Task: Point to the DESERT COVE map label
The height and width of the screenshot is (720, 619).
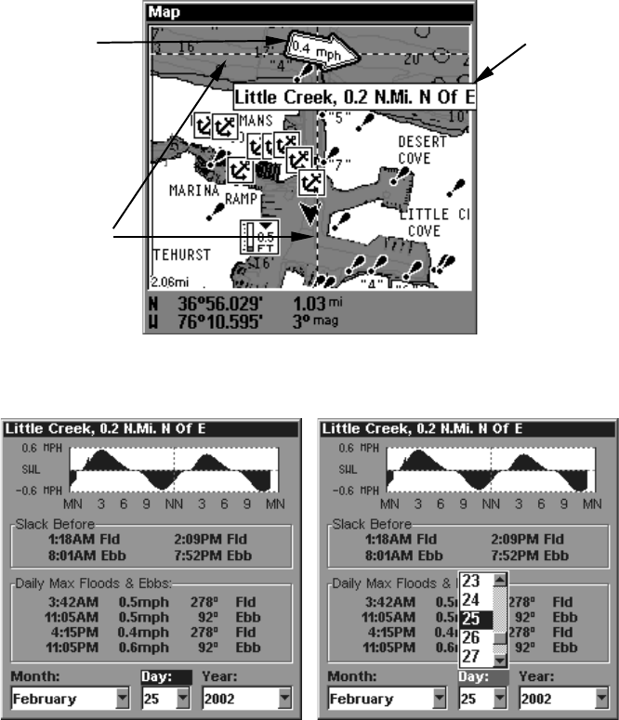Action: (422, 150)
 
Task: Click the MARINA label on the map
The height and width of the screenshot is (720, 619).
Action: (192, 190)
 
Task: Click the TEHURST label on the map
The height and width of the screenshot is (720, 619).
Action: (182, 254)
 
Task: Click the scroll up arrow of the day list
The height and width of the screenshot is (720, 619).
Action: (501, 578)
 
